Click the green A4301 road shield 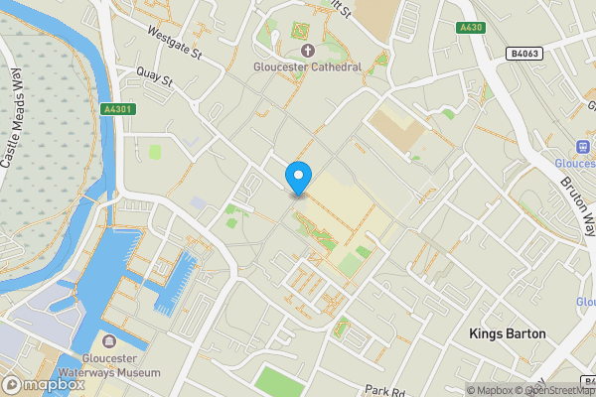[117, 110]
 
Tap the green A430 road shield [471, 28]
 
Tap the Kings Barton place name [507, 334]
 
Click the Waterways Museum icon [108, 343]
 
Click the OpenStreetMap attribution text [554, 390]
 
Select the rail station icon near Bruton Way [584, 148]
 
